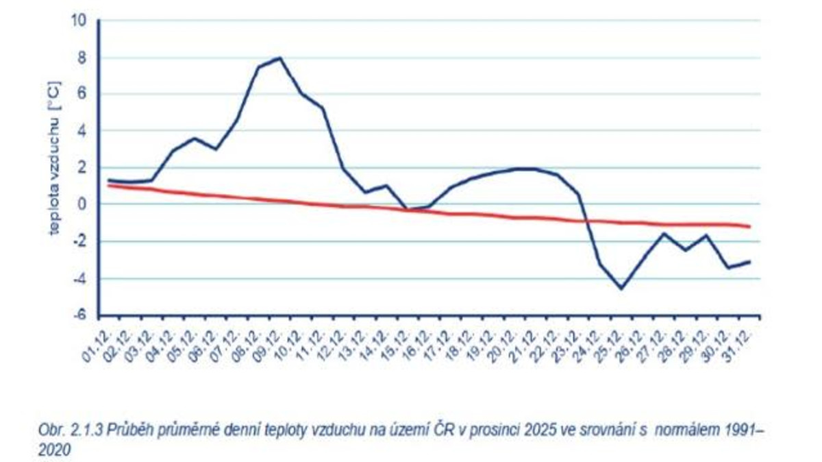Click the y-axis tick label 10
tap(79, 21)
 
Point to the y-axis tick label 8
tap(83, 58)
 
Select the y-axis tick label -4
tap(79, 278)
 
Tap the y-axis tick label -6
tap(79, 315)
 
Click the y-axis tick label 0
tap(83, 204)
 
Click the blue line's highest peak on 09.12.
tap(279, 58)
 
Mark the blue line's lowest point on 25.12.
tap(621, 289)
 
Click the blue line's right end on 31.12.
tap(750, 261)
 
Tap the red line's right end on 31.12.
tap(750, 226)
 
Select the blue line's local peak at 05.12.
tap(195, 138)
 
